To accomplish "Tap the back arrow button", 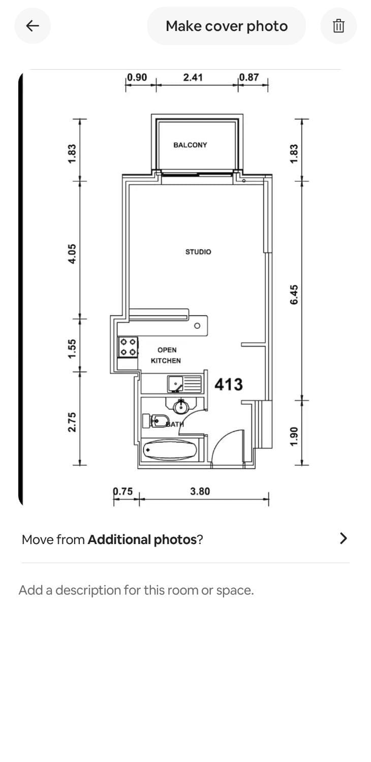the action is point(33,26).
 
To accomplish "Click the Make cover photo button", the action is point(226,26).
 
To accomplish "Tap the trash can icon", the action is point(338,26).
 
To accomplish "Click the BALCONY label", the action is point(190,145).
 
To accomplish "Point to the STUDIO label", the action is point(198,252).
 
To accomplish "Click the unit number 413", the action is point(228,385).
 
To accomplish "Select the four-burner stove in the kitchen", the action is point(128,347).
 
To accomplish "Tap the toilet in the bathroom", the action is point(156,421).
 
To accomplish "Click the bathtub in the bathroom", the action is point(170,450).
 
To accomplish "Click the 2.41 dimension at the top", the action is point(193,78).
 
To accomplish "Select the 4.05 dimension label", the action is point(72,254).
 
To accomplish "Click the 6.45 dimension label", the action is point(294,295).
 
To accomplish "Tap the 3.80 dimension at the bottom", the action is point(200,491).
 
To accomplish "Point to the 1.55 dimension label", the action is point(72,348).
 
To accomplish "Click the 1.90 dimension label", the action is point(294,436).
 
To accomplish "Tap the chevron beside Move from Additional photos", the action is point(344,538).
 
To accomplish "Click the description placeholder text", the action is point(136,590).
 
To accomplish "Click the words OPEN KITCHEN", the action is point(166,355).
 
